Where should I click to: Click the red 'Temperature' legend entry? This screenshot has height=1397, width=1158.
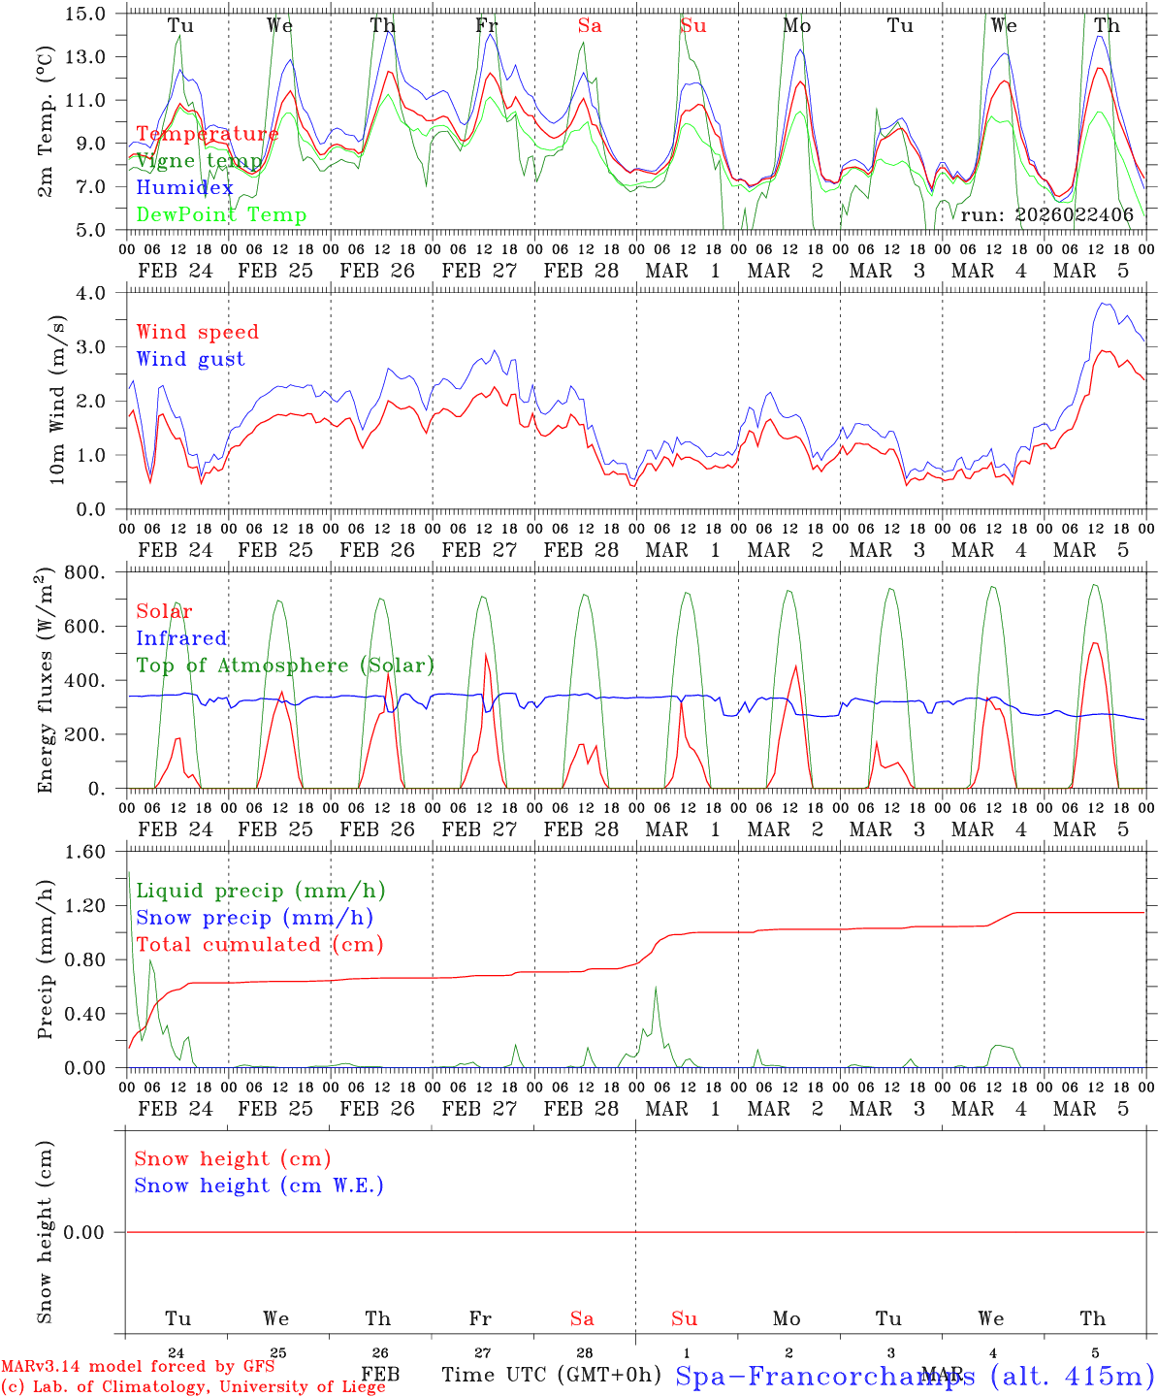point(207,134)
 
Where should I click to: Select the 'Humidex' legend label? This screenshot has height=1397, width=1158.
point(184,187)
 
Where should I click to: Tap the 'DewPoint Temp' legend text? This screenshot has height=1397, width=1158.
point(221,214)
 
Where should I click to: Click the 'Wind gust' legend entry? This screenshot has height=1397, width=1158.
point(190,359)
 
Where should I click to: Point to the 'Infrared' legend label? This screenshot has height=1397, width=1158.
point(181,638)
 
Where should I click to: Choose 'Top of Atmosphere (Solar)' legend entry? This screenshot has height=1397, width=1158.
point(285,666)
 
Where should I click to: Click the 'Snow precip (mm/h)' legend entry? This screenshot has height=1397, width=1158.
point(254,918)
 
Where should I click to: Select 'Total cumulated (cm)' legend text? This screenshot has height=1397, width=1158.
point(260,944)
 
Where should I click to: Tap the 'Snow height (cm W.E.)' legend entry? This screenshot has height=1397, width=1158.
point(259,1186)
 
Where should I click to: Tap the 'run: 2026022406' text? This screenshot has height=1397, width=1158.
point(1046,214)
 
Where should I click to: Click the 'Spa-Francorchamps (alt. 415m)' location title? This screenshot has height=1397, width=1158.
point(914,1376)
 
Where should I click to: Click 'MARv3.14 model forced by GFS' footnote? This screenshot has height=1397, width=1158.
point(138,1367)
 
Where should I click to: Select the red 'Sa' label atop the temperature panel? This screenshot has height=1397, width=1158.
point(589,26)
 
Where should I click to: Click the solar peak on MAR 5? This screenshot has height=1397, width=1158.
point(1094,642)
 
